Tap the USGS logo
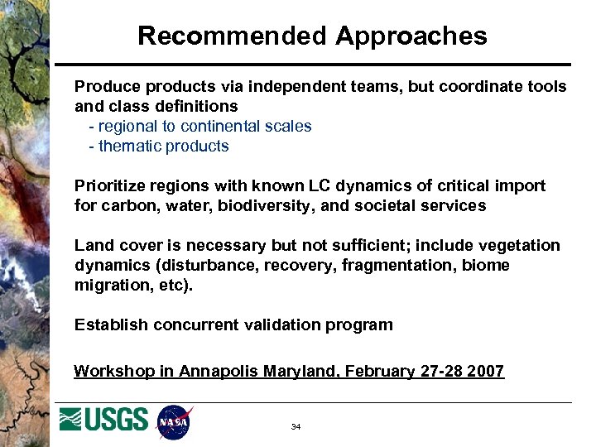[x=103, y=420]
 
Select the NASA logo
[x=174, y=422]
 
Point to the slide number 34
[x=296, y=427]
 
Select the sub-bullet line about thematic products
[x=159, y=147]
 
